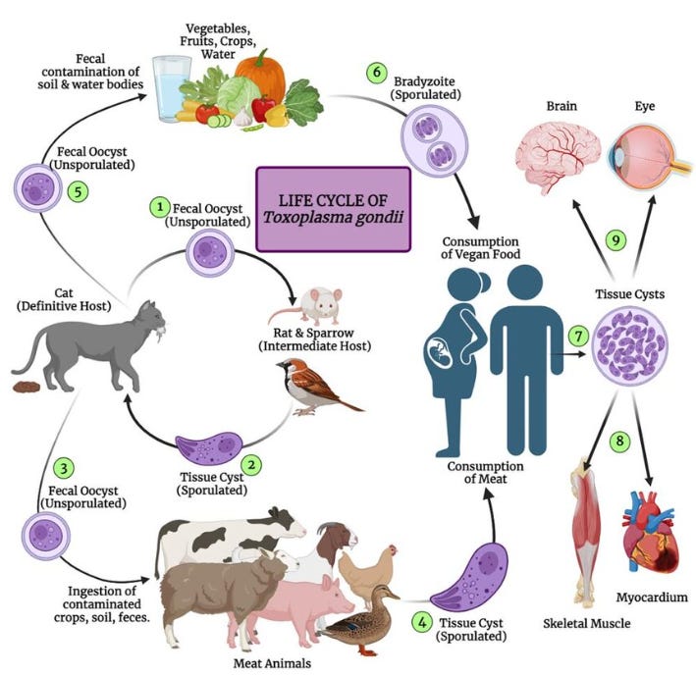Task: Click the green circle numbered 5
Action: click(79, 192)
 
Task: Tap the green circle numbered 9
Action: click(616, 240)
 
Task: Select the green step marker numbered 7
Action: click(578, 337)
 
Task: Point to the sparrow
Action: click(317, 387)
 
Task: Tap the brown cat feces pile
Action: click(27, 388)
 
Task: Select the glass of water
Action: click(172, 88)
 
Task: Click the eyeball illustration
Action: click(649, 156)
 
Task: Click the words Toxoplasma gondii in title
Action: click(334, 218)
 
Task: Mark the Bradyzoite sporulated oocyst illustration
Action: click(435, 141)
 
